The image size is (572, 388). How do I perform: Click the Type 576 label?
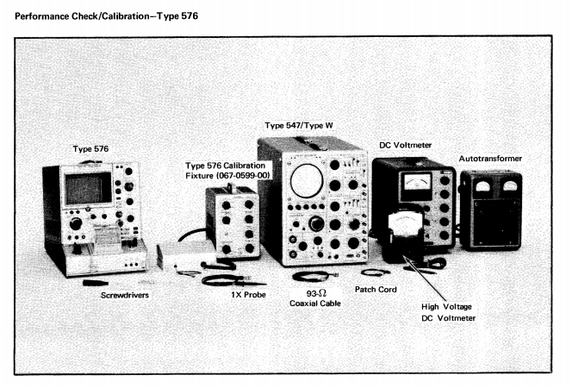pyautogui.click(x=90, y=149)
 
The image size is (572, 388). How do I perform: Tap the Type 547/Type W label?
pyautogui.click(x=300, y=125)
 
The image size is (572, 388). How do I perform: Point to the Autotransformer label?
pyautogui.click(x=490, y=159)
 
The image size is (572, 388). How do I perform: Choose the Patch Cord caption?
pyautogui.click(x=376, y=290)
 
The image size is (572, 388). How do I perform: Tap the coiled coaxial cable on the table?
pyautogui.click(x=312, y=277)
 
